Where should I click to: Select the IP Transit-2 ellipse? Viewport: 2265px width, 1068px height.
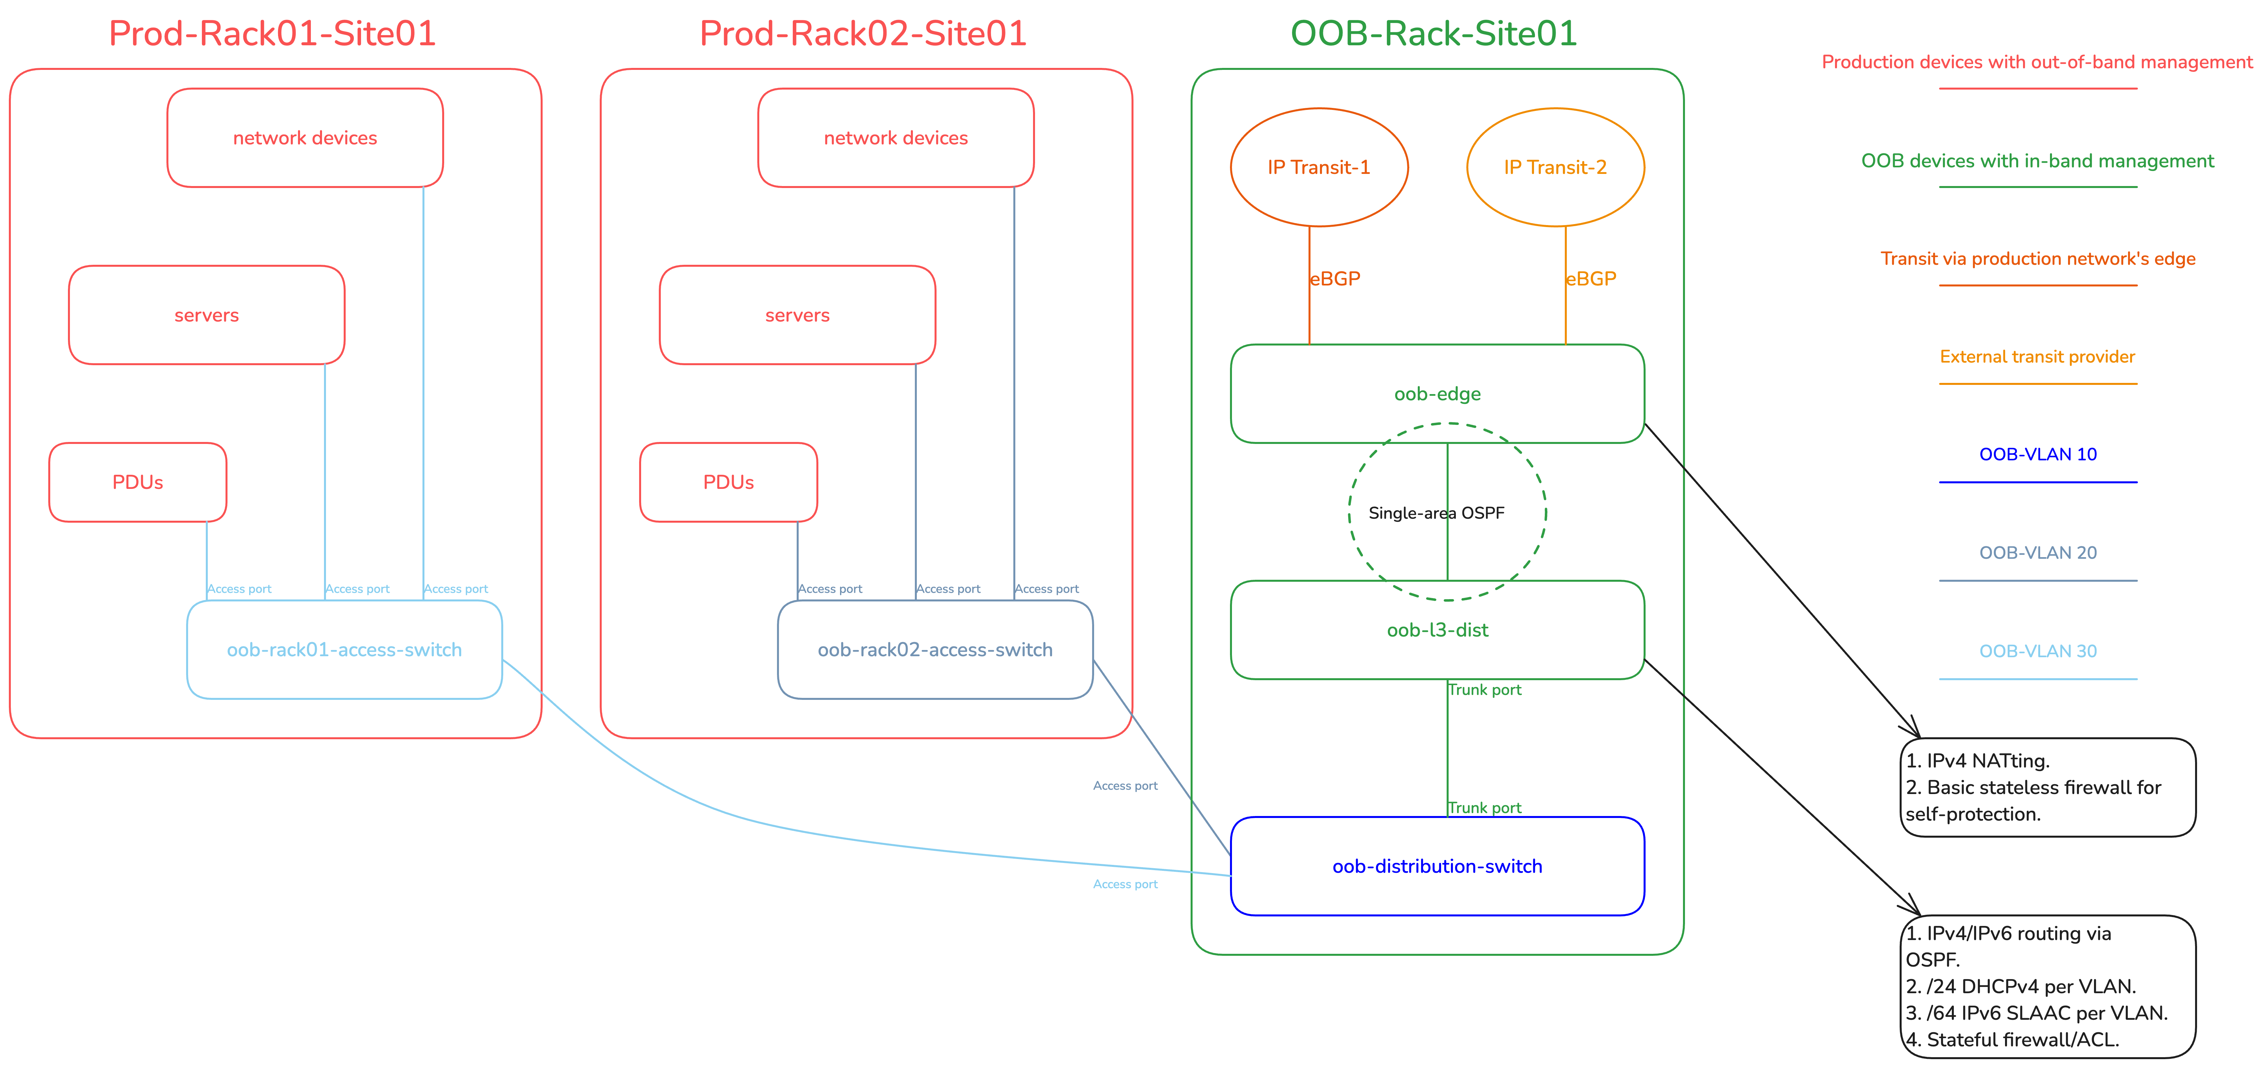[1555, 167]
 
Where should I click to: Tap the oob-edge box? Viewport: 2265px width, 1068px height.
[1437, 394]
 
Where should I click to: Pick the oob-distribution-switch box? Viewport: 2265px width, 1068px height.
[1437, 866]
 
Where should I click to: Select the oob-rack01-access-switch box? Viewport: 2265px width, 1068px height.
[344, 650]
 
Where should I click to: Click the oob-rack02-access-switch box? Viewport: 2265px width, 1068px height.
[935, 650]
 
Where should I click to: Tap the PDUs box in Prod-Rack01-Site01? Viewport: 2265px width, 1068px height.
[137, 482]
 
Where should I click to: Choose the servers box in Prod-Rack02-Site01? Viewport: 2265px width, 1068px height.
[797, 315]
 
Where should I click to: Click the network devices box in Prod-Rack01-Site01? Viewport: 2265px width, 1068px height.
[304, 138]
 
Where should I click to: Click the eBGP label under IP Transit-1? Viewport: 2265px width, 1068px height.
[1335, 279]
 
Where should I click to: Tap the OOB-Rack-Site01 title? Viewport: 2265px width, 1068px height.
[1433, 33]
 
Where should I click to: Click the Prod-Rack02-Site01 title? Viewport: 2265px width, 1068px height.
[863, 33]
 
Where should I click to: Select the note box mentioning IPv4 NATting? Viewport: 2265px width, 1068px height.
[2047, 787]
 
